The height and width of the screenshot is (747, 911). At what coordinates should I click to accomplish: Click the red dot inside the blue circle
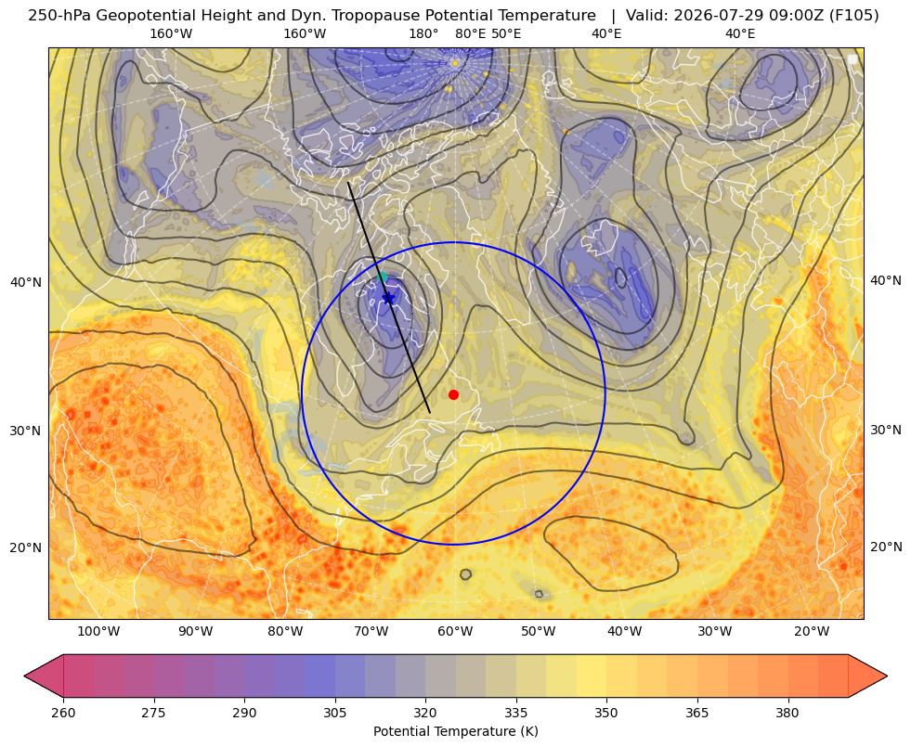point(454,394)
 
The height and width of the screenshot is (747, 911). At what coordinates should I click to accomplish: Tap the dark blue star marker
point(389,298)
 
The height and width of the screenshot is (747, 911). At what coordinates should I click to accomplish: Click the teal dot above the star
point(383,277)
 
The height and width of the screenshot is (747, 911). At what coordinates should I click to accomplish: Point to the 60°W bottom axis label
point(455,632)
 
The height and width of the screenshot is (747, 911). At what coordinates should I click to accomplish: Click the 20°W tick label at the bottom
point(812,632)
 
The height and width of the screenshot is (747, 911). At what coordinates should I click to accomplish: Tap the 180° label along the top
point(424,33)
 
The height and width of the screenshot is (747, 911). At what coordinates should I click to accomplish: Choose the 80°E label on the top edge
point(471,33)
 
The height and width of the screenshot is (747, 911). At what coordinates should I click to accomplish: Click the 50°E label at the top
point(506,33)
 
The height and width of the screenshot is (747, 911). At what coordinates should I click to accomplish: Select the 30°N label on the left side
point(26,431)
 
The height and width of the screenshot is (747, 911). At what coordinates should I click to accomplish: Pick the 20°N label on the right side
point(886,547)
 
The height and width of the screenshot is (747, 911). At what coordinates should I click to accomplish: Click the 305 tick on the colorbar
point(334,713)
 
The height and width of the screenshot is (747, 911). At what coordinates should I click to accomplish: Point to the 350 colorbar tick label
point(606,713)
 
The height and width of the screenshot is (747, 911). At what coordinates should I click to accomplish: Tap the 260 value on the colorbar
point(63,713)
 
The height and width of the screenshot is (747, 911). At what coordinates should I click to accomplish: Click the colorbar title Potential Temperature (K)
point(455,731)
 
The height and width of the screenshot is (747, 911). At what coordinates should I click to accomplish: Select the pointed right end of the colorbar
point(887,676)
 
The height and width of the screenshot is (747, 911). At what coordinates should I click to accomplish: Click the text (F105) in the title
point(855,16)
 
